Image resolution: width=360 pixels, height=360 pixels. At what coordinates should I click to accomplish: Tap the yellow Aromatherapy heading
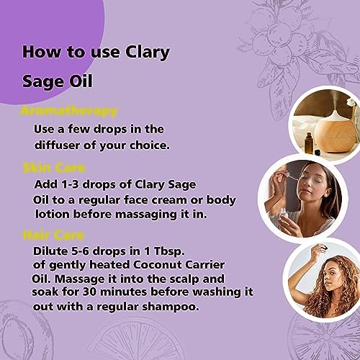point(69,112)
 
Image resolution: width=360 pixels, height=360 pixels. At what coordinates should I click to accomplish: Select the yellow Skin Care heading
point(54,168)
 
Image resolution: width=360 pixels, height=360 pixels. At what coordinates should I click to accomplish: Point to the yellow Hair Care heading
point(53,235)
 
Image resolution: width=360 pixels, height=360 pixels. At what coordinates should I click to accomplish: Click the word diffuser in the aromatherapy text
point(57,145)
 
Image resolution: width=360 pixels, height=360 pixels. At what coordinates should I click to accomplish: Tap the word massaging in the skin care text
point(146,215)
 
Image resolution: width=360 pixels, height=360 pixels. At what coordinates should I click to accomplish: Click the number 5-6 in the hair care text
point(81,251)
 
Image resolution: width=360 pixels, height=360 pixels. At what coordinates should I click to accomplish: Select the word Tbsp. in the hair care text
point(169,251)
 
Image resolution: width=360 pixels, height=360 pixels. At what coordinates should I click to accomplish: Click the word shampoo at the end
point(171,307)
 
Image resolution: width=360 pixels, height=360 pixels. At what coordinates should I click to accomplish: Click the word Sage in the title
point(43,82)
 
